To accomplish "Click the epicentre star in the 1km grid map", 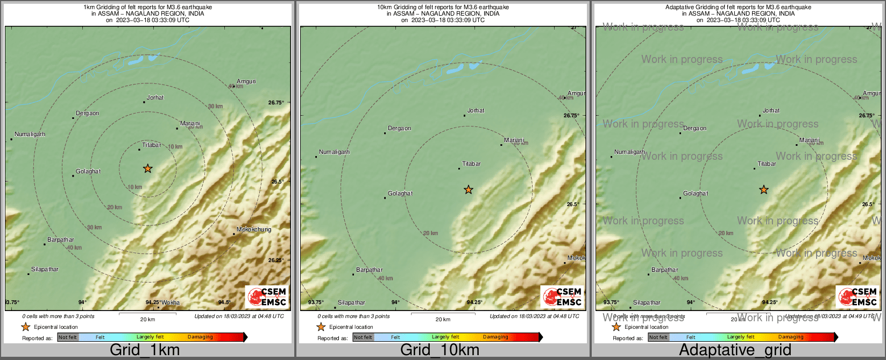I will (148, 169).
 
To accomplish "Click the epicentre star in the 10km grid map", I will (469, 190).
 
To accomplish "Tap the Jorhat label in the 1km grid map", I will (155, 98).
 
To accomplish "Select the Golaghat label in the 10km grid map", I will (400, 194).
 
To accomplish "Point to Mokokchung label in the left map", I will (254, 230).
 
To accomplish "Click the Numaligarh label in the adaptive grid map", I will (629, 152).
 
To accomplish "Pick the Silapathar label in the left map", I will (45, 270).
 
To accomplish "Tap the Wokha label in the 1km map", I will (171, 303).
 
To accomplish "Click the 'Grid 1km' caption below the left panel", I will (145, 350).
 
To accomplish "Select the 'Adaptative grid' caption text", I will (735, 350).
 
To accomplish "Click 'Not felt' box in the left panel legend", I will (68, 337).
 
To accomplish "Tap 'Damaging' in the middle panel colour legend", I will (495, 337).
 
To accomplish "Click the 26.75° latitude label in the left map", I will (276, 102).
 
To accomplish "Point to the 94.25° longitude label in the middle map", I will (474, 302).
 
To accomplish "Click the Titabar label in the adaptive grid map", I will (767, 164).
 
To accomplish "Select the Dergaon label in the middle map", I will (399, 129).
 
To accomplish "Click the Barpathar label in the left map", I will (61, 240).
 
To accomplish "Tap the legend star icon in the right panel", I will (616, 327).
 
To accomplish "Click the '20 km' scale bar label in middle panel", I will (443, 320).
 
